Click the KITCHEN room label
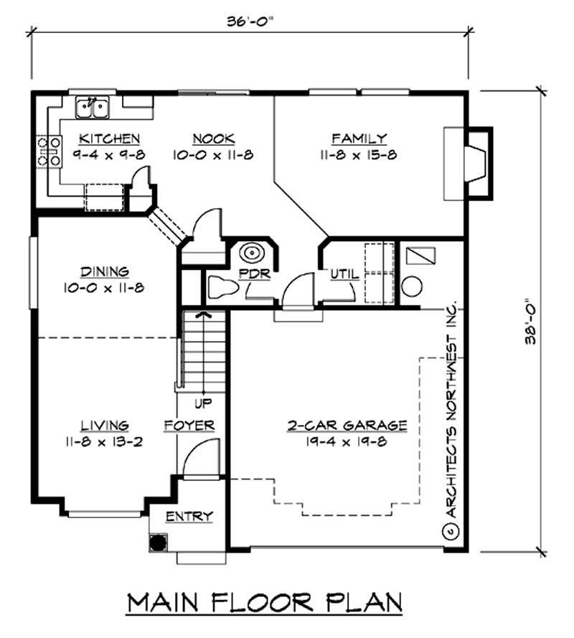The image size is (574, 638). [x=109, y=139]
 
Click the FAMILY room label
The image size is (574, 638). [x=359, y=139]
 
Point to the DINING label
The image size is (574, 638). [x=105, y=271]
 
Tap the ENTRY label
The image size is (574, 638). [x=189, y=516]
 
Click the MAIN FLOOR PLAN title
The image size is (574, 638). [x=264, y=603]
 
